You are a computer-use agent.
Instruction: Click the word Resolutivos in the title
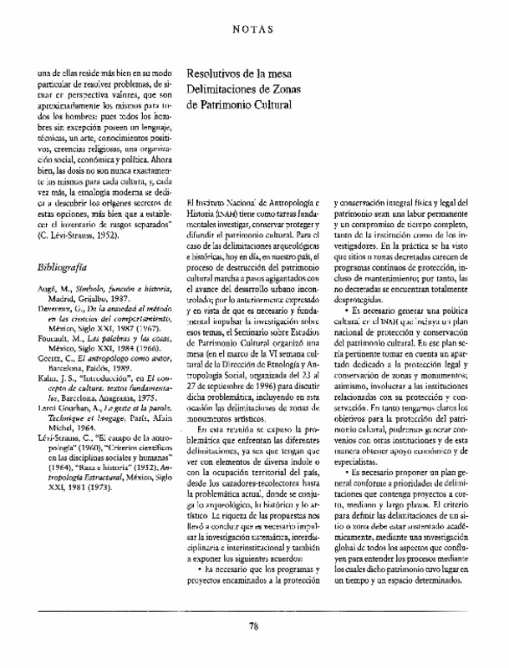220,74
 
